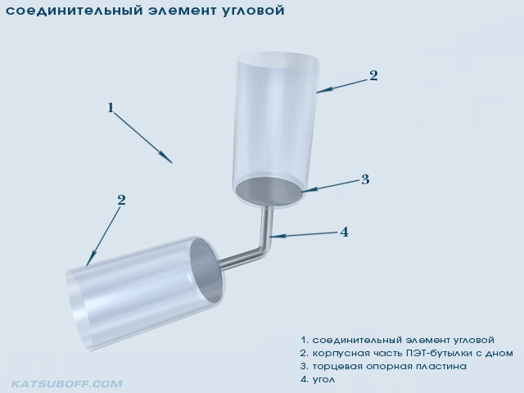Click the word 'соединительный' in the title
pos(72,11)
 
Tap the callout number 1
pos(111,107)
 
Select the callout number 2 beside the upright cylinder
pos(373,76)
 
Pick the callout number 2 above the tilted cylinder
pos(121,200)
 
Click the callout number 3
pos(365,179)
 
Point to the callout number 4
pos(344,232)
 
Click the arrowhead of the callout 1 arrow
pos(166,157)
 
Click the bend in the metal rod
pos(265,248)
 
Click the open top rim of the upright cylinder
pos(278,59)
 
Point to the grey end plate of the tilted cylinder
pos(206,271)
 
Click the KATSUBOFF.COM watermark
pos(67,384)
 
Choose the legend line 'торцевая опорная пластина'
pos(390,366)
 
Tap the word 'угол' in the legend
pos(323,380)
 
